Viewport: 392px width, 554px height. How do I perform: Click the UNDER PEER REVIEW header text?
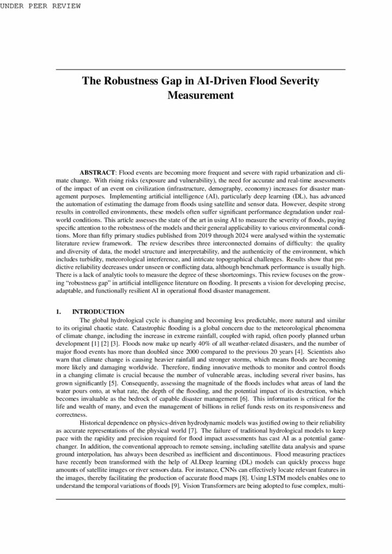click(x=41, y=6)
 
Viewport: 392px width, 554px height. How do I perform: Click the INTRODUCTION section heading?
click(x=99, y=311)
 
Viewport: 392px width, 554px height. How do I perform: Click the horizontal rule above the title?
click(x=200, y=69)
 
